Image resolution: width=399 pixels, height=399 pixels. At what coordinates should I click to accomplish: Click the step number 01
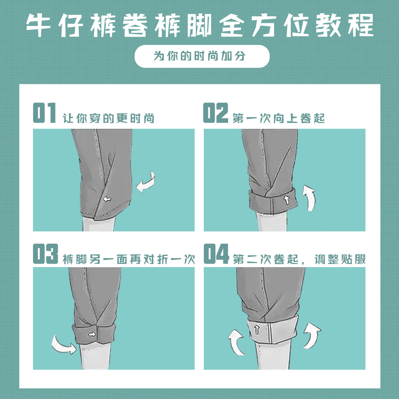pyautogui.click(x=44, y=113)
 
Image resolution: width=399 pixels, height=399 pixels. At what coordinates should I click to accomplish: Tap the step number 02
pyautogui.click(x=215, y=113)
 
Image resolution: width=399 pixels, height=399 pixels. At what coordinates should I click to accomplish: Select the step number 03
pyautogui.click(x=45, y=254)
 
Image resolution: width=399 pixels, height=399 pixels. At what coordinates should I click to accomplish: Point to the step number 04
pyautogui.click(x=216, y=254)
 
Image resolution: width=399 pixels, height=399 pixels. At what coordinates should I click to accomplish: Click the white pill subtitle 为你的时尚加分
pyautogui.click(x=202, y=56)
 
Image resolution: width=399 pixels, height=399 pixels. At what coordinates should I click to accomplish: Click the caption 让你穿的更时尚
pyautogui.click(x=109, y=118)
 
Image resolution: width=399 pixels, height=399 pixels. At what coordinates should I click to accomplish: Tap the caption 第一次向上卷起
pyautogui.click(x=279, y=118)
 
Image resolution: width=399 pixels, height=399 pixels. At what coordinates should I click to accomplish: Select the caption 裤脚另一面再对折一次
pyautogui.click(x=128, y=259)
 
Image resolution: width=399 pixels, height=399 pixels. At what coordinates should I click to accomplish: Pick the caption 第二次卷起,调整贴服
pyautogui.click(x=299, y=259)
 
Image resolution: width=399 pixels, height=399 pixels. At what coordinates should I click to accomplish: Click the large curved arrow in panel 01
pyautogui.click(x=146, y=183)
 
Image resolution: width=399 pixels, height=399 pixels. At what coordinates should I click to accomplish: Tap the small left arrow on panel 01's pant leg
pyautogui.click(x=107, y=199)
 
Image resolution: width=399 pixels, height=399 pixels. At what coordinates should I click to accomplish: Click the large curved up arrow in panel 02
pyautogui.click(x=310, y=199)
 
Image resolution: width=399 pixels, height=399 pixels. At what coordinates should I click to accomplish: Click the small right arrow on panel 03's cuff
pyautogui.click(x=92, y=334)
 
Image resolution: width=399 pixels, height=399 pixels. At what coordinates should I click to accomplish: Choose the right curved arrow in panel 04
pyautogui.click(x=312, y=335)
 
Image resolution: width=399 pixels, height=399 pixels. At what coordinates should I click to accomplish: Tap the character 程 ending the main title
pyautogui.click(x=361, y=25)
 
